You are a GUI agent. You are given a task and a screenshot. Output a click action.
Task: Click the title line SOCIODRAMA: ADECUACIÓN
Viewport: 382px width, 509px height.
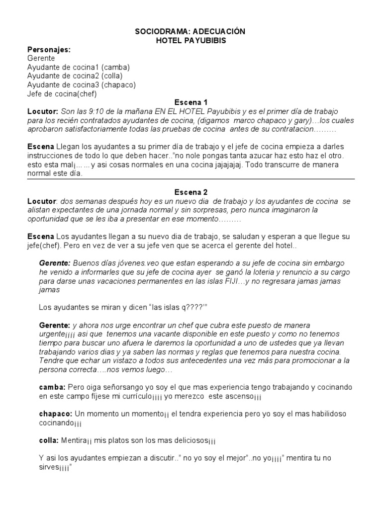coord(191,32)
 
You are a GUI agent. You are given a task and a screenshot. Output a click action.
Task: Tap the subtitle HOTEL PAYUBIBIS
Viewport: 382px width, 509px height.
coord(191,41)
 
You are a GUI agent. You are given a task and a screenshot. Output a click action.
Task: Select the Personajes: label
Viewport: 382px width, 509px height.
coord(48,50)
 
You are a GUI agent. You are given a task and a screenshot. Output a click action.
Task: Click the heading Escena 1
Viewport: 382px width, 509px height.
coord(191,103)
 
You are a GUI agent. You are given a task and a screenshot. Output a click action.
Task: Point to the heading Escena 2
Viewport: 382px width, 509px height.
coord(191,192)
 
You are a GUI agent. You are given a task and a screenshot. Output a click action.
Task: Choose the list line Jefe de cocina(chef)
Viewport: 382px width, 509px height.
coord(62,94)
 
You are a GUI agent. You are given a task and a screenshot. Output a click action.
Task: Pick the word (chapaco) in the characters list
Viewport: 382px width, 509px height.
coord(118,85)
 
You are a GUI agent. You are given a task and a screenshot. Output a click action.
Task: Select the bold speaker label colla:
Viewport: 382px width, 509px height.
coord(49,440)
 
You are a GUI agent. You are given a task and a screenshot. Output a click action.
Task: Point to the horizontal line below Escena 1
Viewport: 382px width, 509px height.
coord(191,179)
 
